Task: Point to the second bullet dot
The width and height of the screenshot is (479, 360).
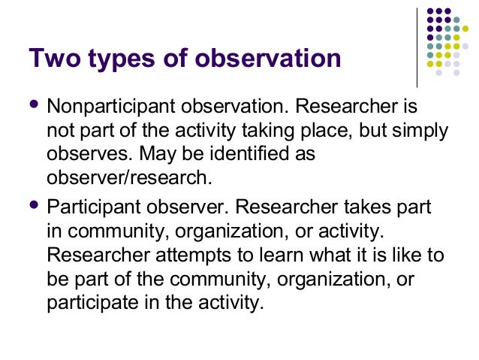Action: coord(33,204)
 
